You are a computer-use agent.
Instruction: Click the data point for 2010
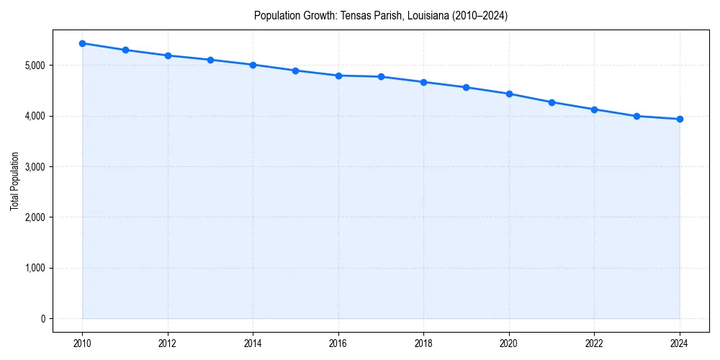point(83,43)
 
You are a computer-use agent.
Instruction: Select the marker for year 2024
point(680,120)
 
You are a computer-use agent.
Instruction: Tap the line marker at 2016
point(338,76)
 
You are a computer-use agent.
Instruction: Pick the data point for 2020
point(509,94)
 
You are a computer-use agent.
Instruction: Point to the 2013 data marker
point(210,60)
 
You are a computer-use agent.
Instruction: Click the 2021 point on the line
point(552,102)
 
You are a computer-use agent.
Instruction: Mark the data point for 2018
point(423,82)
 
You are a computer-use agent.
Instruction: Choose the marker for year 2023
point(637,116)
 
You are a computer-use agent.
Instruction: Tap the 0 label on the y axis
point(42,319)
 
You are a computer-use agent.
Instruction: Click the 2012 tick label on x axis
point(168,343)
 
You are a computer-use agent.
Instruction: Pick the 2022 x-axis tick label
point(594,343)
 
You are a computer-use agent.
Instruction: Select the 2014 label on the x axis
point(253,343)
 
